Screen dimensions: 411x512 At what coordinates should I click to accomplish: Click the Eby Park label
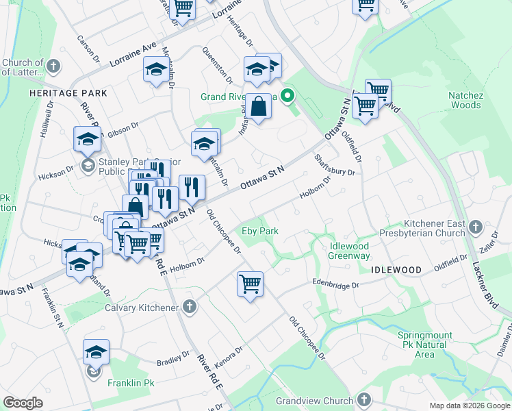pos(261,231)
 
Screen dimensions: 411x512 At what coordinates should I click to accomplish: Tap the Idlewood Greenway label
pos(340,251)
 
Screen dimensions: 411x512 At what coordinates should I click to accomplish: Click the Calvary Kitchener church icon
pos(190,308)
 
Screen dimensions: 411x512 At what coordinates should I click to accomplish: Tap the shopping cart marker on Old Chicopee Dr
pos(251,284)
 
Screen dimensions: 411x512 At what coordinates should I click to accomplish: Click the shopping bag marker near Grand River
pos(257,108)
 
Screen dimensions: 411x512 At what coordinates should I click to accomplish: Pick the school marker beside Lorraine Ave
pos(156,70)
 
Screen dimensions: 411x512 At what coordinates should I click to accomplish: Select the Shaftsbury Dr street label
pos(335,165)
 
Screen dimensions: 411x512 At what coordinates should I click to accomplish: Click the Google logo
pos(23,403)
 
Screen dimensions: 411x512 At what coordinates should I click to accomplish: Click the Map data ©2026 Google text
pos(470,406)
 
